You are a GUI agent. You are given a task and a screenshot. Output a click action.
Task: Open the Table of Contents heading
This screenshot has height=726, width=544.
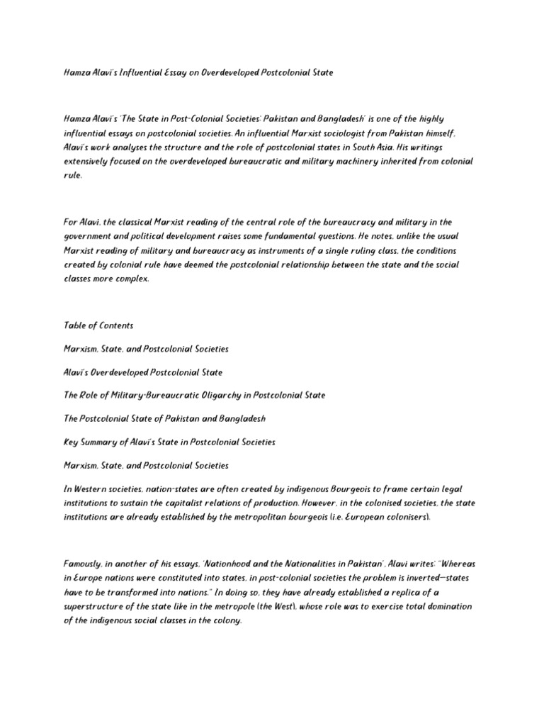(x=98, y=326)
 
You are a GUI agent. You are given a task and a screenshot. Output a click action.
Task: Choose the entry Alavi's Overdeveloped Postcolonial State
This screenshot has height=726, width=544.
(x=142, y=372)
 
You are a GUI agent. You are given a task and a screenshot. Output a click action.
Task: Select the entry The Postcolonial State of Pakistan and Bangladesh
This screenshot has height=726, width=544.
(x=164, y=418)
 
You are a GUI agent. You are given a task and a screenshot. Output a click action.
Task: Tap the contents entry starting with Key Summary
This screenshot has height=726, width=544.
(x=169, y=442)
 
